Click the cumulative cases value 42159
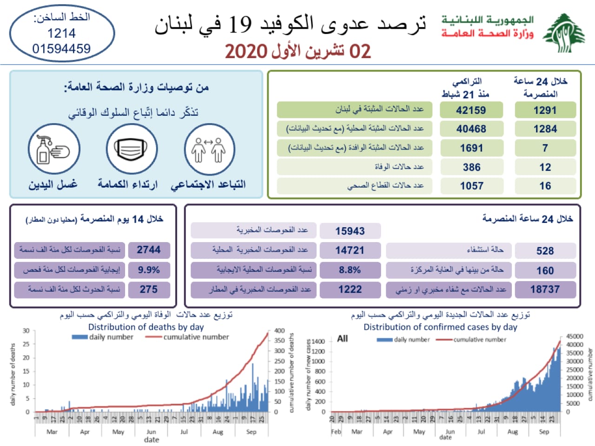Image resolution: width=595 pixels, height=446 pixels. (x=471, y=110)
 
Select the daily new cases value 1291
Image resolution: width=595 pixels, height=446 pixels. (x=545, y=110)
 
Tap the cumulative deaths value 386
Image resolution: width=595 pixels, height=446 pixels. (x=471, y=167)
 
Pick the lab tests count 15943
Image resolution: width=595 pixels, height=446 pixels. (x=350, y=231)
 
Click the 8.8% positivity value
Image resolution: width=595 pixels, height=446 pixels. (x=350, y=269)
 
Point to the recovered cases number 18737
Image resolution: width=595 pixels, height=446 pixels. (x=545, y=289)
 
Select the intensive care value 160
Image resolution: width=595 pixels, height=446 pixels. (x=545, y=270)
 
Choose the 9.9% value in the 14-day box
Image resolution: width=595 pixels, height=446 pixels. (x=149, y=269)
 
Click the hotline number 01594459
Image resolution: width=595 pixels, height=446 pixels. (x=61, y=49)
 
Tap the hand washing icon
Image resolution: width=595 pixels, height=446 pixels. (x=53, y=150)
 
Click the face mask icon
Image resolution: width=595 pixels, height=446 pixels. (x=131, y=150)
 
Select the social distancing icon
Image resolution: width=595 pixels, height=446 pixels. (x=209, y=150)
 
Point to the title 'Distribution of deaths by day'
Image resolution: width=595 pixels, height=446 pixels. (x=146, y=327)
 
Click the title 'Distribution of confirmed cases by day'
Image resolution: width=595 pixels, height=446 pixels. (x=440, y=327)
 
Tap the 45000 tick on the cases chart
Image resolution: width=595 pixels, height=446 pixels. (x=575, y=336)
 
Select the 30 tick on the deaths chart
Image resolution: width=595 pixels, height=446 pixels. (x=26, y=331)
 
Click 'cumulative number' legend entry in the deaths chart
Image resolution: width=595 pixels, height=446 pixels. (x=196, y=337)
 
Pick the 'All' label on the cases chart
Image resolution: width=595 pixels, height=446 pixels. (x=343, y=339)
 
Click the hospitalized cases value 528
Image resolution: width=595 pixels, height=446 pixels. (x=545, y=251)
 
